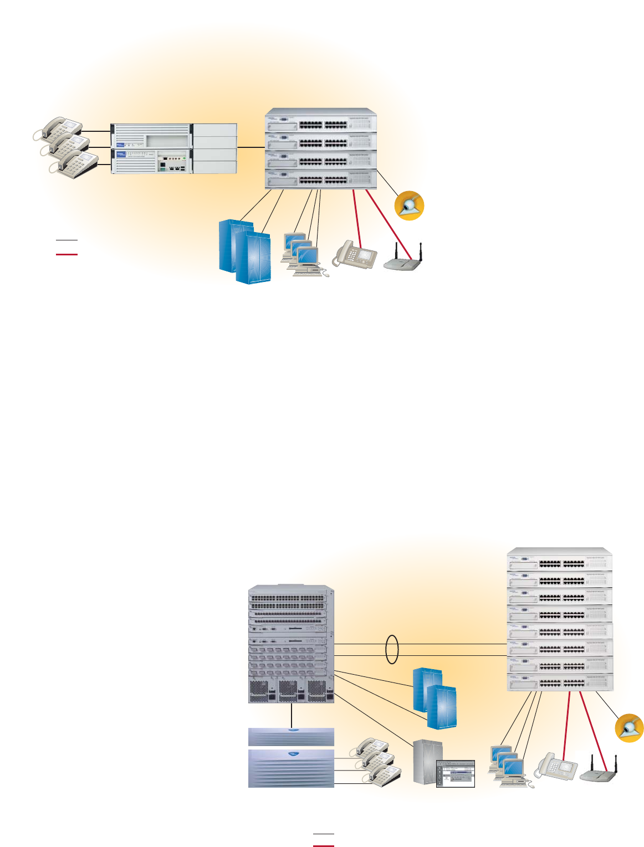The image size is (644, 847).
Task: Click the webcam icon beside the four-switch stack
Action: (409, 206)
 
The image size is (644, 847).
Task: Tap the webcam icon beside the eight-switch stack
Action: (630, 728)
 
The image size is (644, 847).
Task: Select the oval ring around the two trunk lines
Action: (392, 650)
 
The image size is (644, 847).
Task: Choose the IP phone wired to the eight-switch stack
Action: (556, 768)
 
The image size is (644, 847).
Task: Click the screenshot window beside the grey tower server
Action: (456, 773)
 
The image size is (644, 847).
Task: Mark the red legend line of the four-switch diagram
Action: (67, 254)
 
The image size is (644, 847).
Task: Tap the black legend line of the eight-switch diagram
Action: (324, 834)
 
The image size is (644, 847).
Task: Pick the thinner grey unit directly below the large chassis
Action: (291, 736)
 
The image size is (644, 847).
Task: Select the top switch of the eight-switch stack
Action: (560, 562)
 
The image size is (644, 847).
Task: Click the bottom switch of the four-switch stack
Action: (321, 179)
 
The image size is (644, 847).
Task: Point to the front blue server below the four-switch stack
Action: (253, 258)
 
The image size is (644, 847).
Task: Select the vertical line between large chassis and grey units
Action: (292, 715)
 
